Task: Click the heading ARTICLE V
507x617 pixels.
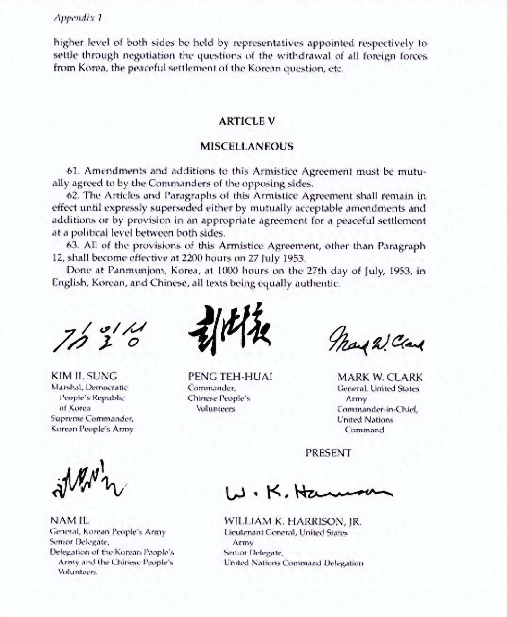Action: [246, 121]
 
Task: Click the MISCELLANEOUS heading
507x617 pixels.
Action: [246, 146]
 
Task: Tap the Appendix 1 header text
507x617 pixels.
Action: [78, 18]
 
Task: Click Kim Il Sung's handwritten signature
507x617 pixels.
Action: [100, 337]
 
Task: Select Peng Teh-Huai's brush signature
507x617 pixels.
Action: [229, 329]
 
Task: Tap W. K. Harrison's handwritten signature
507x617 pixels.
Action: [307, 492]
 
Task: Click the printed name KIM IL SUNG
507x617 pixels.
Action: [84, 376]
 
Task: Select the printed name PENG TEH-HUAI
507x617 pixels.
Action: [230, 377]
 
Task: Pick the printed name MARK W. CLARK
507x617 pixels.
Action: [380, 377]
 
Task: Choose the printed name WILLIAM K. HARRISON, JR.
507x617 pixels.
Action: [293, 521]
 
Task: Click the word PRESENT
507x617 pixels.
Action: [328, 453]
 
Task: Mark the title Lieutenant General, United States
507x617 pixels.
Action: [286, 533]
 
